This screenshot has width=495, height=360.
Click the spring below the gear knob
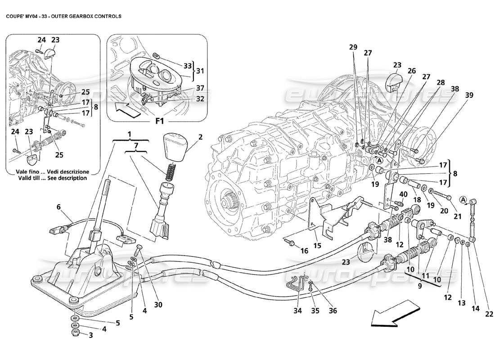168,171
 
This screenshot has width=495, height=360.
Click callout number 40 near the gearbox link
403,194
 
